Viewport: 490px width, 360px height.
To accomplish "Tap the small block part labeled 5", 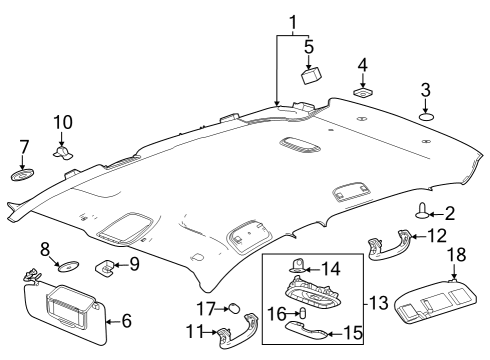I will (x=310, y=74).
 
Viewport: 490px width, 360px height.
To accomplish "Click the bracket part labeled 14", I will (x=298, y=267).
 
